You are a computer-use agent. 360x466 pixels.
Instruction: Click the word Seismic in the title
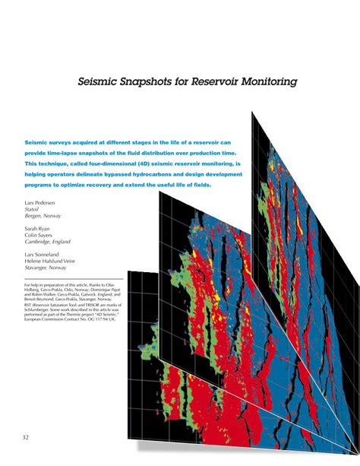pyautogui.click(x=100, y=81)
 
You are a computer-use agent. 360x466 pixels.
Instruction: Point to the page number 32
pyautogui.click(x=26, y=436)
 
